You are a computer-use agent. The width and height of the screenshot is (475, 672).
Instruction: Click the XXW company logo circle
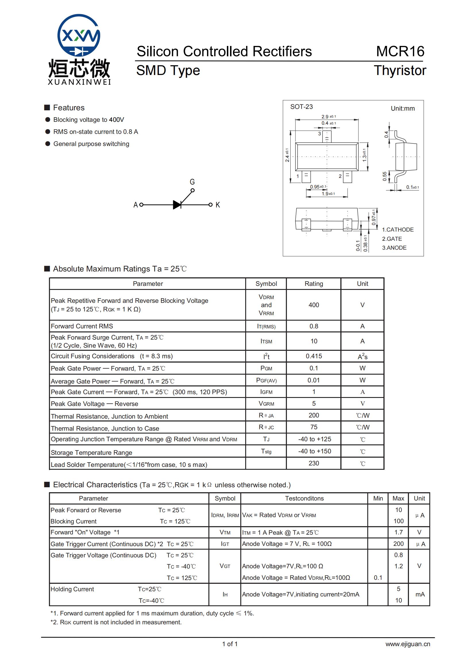click(x=79, y=35)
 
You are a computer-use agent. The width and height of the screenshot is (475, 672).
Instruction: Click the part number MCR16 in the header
click(x=400, y=51)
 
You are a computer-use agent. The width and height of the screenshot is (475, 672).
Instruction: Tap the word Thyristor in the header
click(x=399, y=71)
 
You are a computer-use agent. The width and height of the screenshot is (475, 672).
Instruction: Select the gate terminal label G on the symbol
click(x=192, y=182)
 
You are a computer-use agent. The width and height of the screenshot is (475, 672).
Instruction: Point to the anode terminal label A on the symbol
click(x=136, y=205)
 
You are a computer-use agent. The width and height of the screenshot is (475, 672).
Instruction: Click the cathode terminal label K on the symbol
click(x=218, y=205)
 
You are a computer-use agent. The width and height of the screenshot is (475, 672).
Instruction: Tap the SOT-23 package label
click(x=301, y=107)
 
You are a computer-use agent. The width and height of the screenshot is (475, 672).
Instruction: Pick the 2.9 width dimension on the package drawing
click(x=325, y=116)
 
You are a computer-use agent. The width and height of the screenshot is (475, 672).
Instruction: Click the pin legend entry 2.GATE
click(x=392, y=239)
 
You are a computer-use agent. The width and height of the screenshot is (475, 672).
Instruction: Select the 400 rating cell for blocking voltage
click(x=314, y=305)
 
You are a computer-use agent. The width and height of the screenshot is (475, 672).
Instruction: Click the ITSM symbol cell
click(x=266, y=341)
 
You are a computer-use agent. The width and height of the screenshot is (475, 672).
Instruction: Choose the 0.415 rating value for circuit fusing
click(x=314, y=356)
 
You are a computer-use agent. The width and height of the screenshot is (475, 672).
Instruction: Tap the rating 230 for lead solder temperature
click(x=314, y=463)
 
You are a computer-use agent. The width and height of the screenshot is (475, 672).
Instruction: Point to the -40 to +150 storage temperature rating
click(x=314, y=451)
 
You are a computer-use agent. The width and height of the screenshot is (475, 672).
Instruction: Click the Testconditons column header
click(x=304, y=498)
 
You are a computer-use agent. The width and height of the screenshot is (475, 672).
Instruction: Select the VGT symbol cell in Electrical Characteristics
click(x=225, y=566)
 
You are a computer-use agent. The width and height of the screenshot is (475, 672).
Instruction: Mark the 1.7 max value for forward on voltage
click(x=398, y=532)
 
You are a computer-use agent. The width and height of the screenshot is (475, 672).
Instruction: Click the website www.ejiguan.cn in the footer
click(x=408, y=644)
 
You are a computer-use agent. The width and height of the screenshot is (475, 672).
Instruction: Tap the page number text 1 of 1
click(x=230, y=644)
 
